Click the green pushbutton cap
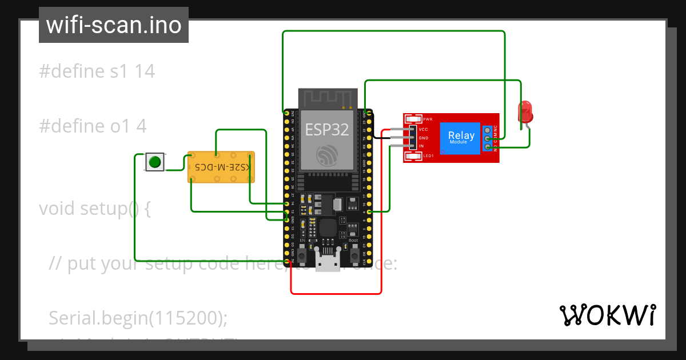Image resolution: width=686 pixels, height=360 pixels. coord(154,162)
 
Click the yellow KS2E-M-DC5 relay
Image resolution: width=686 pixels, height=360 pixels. coord(221,167)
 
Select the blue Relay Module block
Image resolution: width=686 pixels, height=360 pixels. coord(460,138)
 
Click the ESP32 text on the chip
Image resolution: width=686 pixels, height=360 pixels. coord(326,130)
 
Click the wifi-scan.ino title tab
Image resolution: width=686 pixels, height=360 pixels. coord(114,25)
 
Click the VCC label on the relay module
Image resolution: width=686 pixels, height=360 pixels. coord(423,129)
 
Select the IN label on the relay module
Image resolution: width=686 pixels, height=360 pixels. coord(421,146)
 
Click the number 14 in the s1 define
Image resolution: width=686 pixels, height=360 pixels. coord(145,71)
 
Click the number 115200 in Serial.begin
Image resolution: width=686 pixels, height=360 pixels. coord(185,318)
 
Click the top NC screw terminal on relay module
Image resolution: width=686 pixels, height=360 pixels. coord(487,129)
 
